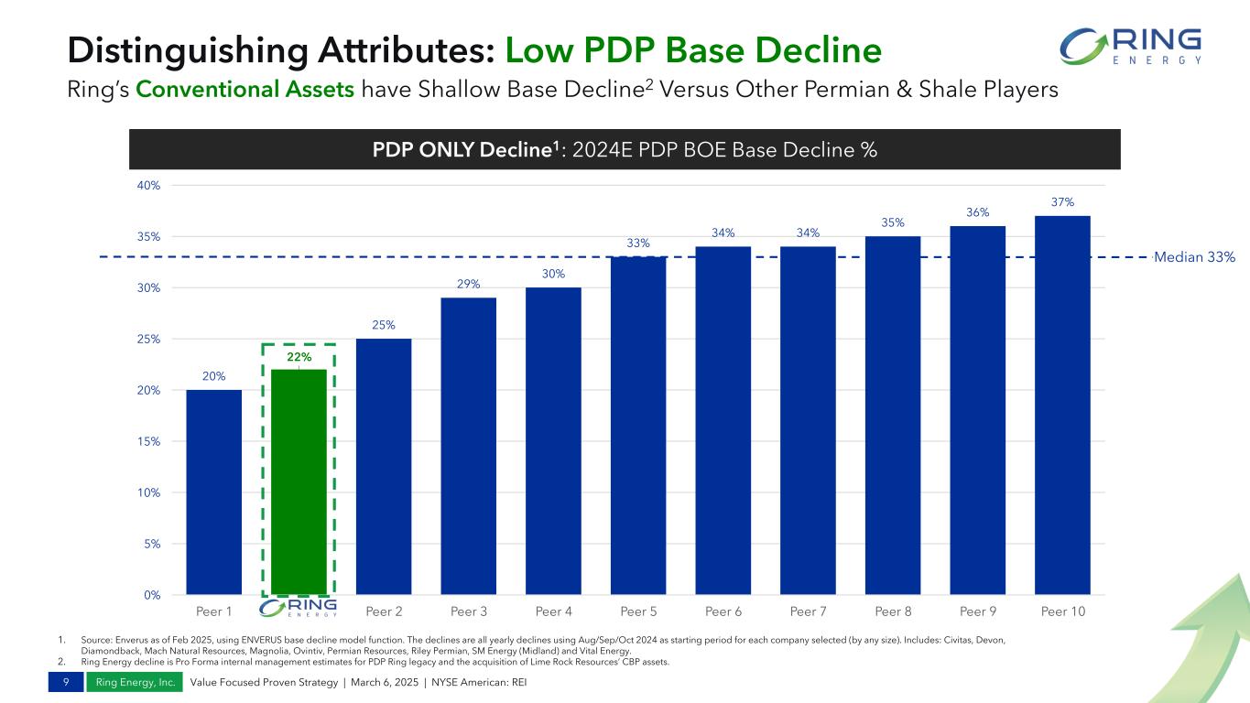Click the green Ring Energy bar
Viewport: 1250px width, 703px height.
point(299,481)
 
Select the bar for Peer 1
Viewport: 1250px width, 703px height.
point(213,492)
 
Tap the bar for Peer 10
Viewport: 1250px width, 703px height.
point(1062,405)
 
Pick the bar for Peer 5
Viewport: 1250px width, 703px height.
point(638,425)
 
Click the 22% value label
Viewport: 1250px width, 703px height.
point(299,357)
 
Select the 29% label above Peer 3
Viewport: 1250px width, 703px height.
point(468,285)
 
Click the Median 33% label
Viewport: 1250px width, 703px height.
point(1193,257)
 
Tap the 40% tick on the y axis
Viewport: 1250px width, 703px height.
point(148,186)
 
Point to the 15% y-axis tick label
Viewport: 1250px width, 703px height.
point(148,441)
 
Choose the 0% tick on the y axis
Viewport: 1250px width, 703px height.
point(151,595)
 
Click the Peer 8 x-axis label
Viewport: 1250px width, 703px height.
point(893,610)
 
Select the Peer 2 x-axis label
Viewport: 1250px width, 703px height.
point(384,610)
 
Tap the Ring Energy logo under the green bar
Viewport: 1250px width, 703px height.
point(299,609)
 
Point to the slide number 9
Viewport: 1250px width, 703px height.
point(65,683)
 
